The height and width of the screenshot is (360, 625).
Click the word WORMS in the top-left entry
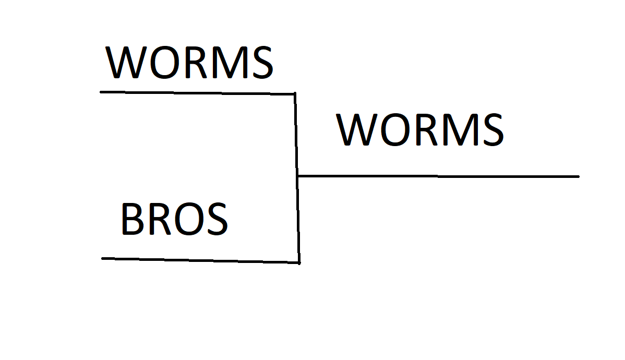189,63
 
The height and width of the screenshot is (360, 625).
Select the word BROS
174,220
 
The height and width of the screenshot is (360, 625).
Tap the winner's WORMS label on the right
420,130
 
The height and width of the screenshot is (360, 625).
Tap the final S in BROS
215,220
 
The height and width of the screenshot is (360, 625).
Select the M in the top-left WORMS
228,63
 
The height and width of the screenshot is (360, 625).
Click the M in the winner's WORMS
459,130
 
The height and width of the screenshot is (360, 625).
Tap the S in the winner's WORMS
491,130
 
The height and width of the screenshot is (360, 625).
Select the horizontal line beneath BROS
200,260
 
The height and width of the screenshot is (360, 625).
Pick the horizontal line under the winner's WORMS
438,176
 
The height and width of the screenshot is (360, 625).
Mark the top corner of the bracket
295,94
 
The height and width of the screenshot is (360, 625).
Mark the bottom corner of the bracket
299,262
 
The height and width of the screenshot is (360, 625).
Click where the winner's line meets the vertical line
297,176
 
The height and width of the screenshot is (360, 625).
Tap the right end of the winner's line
578,176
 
